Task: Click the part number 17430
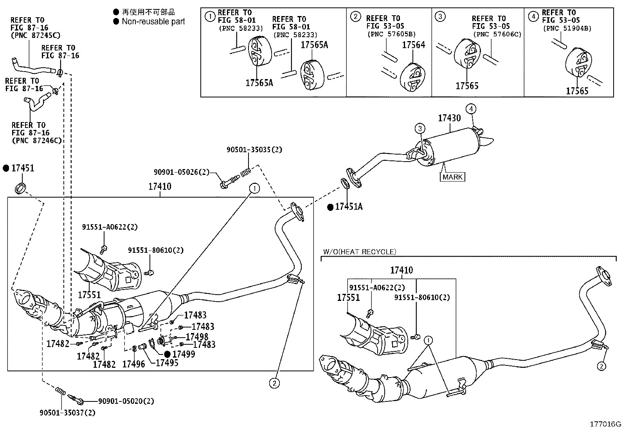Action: point(450,118)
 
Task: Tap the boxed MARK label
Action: point(452,177)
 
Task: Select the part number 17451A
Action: point(349,207)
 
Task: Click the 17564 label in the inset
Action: point(414,45)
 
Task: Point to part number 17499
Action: point(184,354)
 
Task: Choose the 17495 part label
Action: point(167,363)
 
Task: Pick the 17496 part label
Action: point(133,364)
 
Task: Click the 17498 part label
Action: point(197,337)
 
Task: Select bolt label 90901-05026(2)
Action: point(181,172)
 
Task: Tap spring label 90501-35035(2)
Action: point(254,149)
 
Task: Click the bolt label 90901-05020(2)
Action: point(126,401)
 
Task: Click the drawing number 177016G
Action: point(605,424)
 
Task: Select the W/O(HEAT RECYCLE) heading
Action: point(360,252)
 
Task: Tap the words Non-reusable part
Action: point(153,22)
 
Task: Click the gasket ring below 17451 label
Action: point(20,188)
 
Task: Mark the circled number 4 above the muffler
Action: point(471,109)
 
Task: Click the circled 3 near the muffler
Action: point(420,128)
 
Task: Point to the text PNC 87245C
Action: point(35,35)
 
